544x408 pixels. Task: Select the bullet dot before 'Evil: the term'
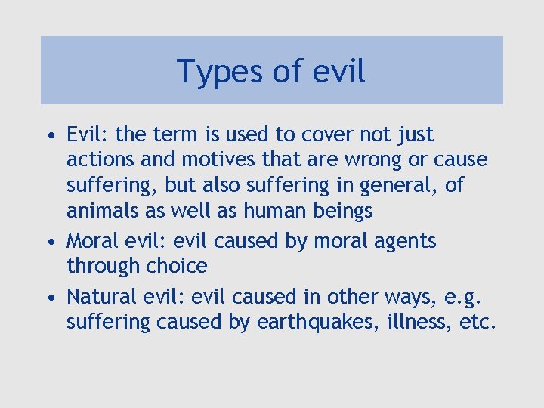coord(49,137)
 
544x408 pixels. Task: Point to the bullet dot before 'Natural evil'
coord(49,298)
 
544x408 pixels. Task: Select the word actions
coord(98,160)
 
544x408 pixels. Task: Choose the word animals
coord(98,210)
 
